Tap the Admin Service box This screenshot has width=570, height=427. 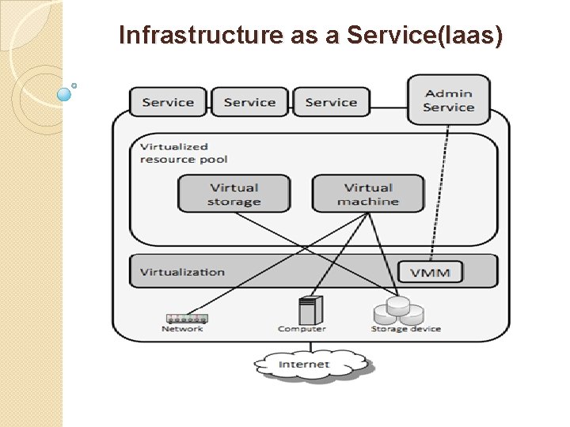[x=448, y=100]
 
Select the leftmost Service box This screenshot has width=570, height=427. [x=168, y=102]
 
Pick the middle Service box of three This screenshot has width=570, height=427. [x=249, y=102]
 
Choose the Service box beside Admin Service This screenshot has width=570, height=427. [x=331, y=102]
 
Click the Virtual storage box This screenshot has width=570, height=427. [x=234, y=195]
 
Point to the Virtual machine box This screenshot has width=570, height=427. [x=368, y=195]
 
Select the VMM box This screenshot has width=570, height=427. [x=430, y=273]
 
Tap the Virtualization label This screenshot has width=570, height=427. [x=182, y=272]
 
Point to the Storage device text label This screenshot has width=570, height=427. [x=406, y=329]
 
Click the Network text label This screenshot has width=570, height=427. [x=182, y=329]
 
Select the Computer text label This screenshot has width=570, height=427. [x=302, y=329]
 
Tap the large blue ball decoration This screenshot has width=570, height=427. [x=65, y=94]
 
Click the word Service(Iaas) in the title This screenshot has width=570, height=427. [x=417, y=36]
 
